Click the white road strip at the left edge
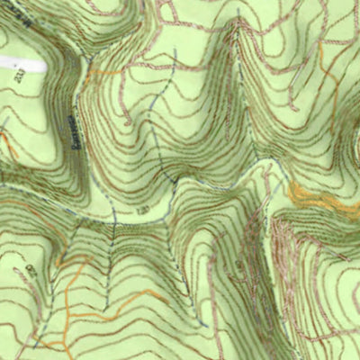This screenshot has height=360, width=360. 22,65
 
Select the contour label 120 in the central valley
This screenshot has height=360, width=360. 143,210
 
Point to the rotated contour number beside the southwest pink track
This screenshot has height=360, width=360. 30,270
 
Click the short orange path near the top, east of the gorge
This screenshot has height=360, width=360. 104,71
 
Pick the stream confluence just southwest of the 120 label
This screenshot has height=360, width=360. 115,220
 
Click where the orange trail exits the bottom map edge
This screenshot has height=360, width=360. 67,357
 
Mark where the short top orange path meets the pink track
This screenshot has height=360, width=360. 90,70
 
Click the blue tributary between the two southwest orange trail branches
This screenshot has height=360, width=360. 108,270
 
